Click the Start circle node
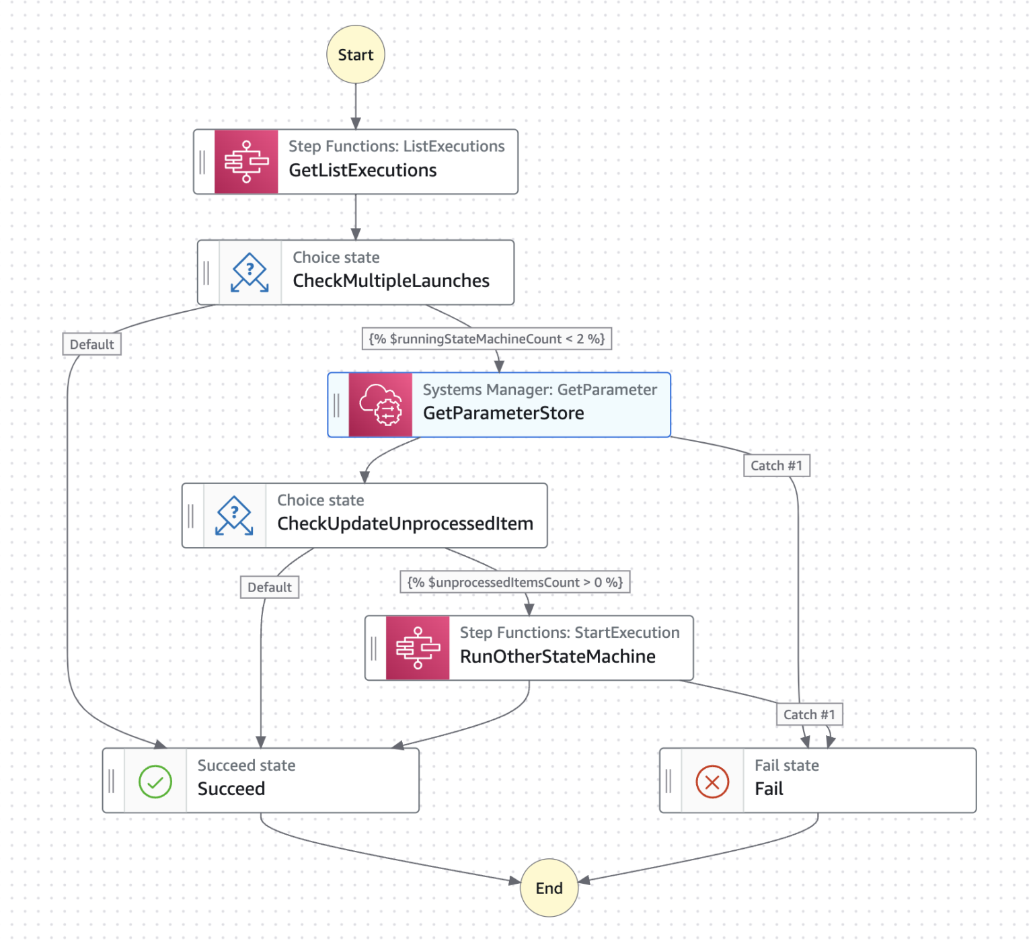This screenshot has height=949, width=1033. pos(355,54)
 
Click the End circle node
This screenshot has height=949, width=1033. pos(549,888)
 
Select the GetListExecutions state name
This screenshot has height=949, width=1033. pos(362,171)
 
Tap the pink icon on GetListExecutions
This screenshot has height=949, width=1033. pos(246,162)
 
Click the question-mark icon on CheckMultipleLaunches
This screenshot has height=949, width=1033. pos(250,272)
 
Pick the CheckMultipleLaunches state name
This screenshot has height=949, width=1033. pos(391,281)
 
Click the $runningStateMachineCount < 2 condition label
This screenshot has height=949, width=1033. pos(486,339)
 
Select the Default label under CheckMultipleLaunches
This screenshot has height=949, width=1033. pos(91,345)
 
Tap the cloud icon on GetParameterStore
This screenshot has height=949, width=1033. pos(380,405)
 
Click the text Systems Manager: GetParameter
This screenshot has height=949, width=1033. pos(539,390)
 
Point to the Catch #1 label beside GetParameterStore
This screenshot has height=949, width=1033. pos(776,466)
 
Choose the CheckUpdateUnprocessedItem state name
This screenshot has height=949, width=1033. pos(405,524)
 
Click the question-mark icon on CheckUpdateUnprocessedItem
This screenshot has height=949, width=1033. pos(234,515)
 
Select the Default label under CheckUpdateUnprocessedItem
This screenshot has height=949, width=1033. pos(269,587)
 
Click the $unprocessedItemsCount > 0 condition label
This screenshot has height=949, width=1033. pos(515,582)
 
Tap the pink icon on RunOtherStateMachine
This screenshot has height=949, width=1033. pos(418,648)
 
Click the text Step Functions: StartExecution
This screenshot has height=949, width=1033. pos(570,632)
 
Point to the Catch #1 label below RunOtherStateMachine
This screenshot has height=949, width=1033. pos(809,714)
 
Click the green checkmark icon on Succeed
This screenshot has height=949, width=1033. pos(155,782)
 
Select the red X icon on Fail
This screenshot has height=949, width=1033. pos(712,782)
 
